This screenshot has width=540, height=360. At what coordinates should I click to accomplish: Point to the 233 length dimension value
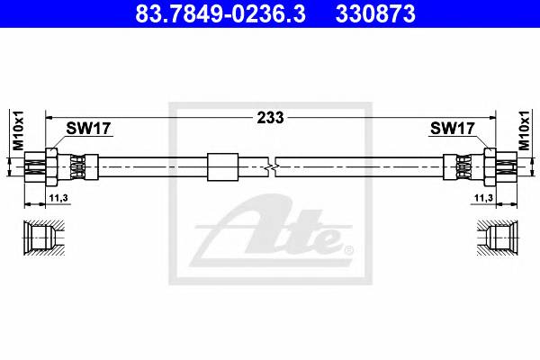point(270,117)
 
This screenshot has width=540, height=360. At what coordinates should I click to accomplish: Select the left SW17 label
point(88,129)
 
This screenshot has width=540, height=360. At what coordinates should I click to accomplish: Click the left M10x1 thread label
point(15,132)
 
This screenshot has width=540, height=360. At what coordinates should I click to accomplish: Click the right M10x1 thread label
point(525,132)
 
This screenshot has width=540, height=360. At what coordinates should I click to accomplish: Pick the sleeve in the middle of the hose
point(221,166)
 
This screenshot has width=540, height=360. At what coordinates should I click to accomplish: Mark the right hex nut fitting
point(490,166)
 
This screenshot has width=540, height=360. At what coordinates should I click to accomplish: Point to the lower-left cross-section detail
point(41,238)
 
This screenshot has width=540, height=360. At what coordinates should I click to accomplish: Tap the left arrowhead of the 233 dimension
point(50,117)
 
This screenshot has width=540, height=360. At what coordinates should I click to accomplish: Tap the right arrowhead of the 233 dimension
point(490,117)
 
